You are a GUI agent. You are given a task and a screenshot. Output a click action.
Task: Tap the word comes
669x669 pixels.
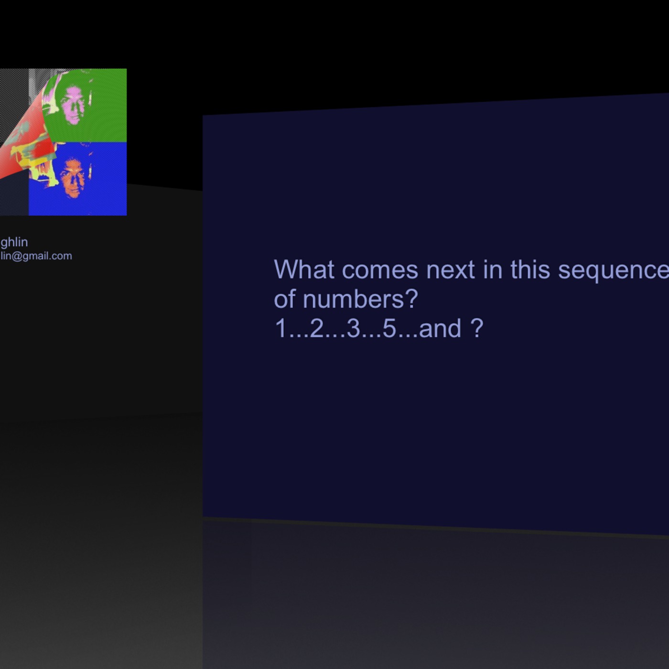pos(380,270)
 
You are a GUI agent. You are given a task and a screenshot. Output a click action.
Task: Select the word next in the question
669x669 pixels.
pos(450,270)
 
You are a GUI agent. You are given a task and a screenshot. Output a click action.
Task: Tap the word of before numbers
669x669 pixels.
pos(285,299)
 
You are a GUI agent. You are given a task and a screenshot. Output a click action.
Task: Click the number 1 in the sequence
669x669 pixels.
pos(281,329)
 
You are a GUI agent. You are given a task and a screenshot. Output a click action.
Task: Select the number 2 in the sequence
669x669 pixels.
pos(317,329)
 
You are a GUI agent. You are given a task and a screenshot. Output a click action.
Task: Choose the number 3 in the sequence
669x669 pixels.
pos(353,329)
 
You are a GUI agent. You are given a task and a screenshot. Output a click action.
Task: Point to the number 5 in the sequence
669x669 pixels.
pos(389,329)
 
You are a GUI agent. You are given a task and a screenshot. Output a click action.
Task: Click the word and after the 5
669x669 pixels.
pos(440,329)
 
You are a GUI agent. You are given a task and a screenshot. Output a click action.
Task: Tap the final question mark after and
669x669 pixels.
pos(477,329)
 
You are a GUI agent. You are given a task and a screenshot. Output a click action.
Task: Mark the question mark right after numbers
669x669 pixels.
pos(411,300)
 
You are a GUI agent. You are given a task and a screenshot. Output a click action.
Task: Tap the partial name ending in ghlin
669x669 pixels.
pos(14,242)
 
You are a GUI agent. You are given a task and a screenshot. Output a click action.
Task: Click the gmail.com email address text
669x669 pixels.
pos(36,256)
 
